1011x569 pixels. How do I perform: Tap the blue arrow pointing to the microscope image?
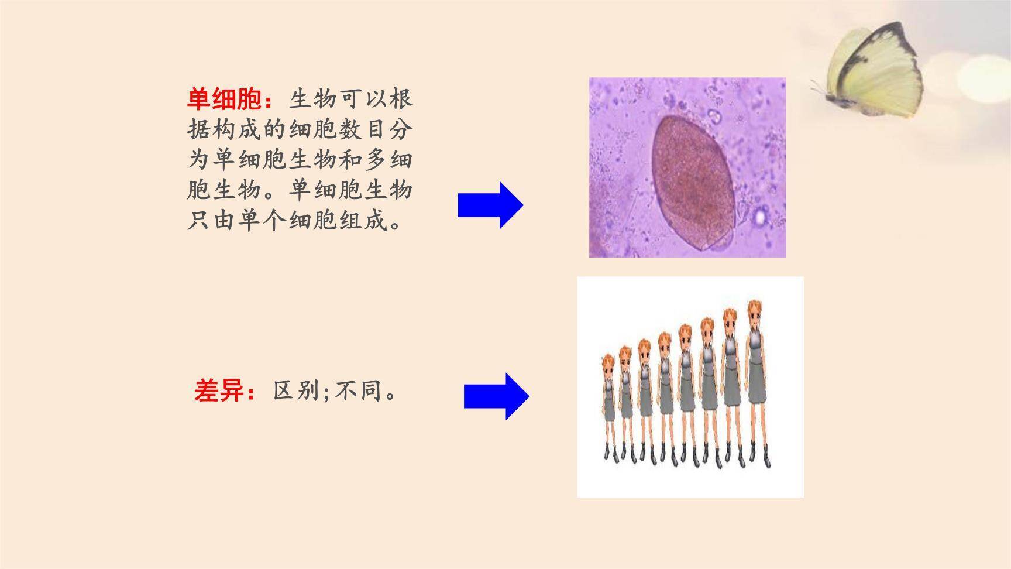(x=490, y=205)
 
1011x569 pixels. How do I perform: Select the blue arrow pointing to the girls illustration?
(x=497, y=396)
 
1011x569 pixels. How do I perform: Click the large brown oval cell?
(x=694, y=183)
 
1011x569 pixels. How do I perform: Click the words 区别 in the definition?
(x=296, y=390)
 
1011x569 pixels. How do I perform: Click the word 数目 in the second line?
(x=362, y=129)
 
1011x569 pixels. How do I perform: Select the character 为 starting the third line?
(x=199, y=160)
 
